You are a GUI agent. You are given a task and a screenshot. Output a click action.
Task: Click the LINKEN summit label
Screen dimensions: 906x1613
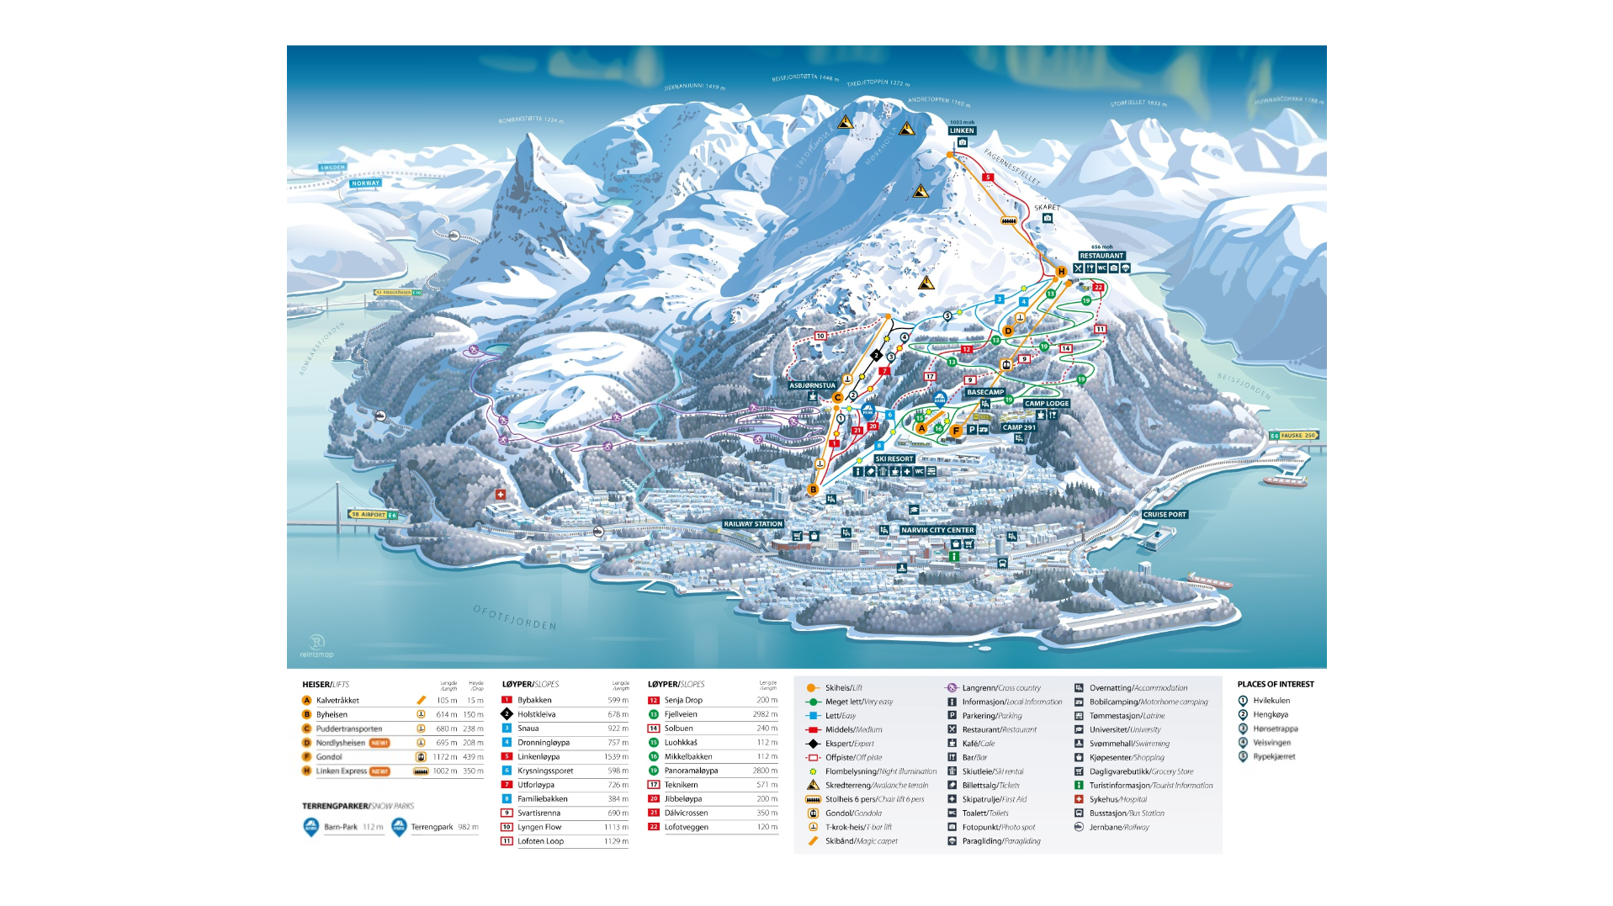tap(962, 130)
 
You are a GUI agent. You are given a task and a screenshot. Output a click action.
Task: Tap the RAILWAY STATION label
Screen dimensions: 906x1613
tap(753, 524)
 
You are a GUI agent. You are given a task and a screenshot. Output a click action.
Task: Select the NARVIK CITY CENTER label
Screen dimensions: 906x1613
tap(937, 530)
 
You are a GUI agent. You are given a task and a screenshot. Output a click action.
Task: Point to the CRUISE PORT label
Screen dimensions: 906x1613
tap(1165, 514)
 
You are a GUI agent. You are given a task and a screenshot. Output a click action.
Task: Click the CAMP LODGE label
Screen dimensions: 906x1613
tap(1046, 403)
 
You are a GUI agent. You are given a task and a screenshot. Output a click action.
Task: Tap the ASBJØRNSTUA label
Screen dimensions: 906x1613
tap(812, 385)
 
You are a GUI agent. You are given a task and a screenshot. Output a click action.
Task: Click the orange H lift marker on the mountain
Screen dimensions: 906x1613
tap(1061, 271)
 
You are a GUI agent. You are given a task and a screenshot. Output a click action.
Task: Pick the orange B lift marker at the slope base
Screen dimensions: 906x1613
tap(813, 490)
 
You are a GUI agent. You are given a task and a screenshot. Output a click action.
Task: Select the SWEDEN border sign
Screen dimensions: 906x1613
tap(332, 167)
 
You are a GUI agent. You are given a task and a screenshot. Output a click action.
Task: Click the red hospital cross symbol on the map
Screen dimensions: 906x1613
tap(501, 495)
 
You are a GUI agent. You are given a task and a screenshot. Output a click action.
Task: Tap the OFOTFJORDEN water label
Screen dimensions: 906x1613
tap(515, 617)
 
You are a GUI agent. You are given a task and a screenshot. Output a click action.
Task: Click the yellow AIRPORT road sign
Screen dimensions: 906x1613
tap(369, 514)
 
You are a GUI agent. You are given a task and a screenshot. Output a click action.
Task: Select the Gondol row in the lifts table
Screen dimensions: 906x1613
tap(329, 757)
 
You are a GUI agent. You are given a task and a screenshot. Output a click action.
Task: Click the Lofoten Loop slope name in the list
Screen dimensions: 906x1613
tap(540, 841)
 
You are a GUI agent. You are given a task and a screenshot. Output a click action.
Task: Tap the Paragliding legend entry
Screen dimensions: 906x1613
tap(1001, 841)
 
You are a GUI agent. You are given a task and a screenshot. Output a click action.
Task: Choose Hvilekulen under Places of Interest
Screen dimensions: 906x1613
tap(1271, 700)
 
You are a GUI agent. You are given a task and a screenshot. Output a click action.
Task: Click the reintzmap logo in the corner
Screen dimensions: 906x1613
tap(317, 646)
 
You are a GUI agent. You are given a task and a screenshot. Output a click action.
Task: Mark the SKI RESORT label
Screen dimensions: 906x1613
tap(894, 458)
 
